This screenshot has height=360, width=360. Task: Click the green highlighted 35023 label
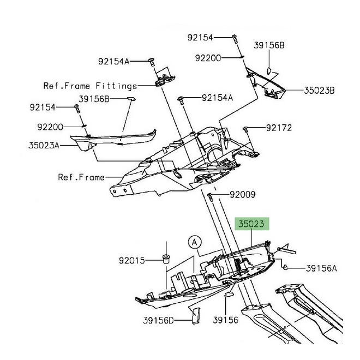coord(251,224)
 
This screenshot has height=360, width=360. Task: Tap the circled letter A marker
coord(195,242)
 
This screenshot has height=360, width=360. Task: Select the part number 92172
coord(279,128)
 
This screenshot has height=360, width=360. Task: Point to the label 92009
coord(243,195)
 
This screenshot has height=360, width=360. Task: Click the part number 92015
coord(132,261)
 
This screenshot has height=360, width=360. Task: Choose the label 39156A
coord(321,268)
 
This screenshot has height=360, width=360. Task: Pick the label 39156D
coord(158,321)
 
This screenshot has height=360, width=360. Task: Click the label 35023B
coord(319,91)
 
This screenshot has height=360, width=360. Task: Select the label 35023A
coord(44,145)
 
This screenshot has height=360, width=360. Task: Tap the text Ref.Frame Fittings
coord(90,86)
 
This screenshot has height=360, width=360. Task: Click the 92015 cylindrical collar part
coord(166,259)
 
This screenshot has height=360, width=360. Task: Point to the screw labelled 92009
coord(210,197)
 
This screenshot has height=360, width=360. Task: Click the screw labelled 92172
coord(245,129)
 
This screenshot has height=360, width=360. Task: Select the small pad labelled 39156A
coord(285,267)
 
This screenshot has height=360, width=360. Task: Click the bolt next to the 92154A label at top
coord(152,62)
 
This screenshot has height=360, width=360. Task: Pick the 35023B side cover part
coord(266,84)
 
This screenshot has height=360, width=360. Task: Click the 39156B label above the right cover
coord(269,45)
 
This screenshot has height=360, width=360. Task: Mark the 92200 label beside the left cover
coord(50,127)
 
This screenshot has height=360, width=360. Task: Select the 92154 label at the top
coord(200,38)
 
